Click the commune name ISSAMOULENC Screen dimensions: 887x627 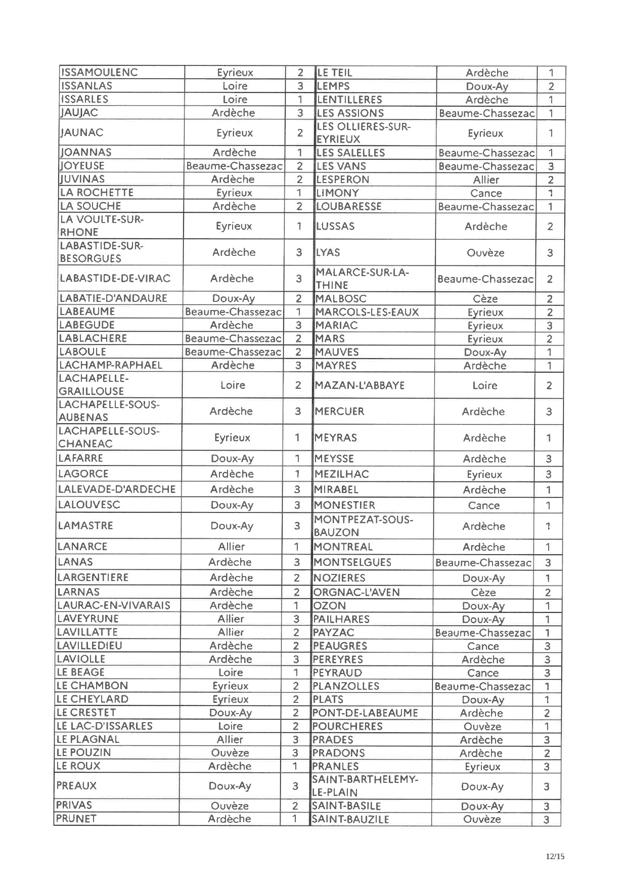[99, 72]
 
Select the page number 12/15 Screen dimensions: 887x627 [555, 856]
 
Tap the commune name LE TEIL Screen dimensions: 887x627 [335, 73]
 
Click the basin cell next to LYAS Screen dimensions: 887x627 [485, 253]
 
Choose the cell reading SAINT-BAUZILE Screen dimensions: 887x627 [351, 819]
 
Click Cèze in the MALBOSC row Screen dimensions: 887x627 [485, 299]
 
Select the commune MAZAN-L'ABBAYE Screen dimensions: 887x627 [360, 385]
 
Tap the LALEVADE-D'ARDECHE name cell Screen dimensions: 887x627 [117, 489]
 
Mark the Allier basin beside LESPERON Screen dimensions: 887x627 [486, 180]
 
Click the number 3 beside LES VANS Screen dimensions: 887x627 [551, 166]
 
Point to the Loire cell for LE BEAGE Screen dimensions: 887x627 [231, 673]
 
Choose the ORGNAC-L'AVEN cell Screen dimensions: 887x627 [356, 592]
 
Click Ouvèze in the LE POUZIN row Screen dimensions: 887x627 [230, 752]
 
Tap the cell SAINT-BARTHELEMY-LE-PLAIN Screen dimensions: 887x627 [365, 786]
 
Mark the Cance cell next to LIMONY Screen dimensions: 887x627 [486, 193]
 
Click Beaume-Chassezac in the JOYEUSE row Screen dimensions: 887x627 [234, 166]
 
